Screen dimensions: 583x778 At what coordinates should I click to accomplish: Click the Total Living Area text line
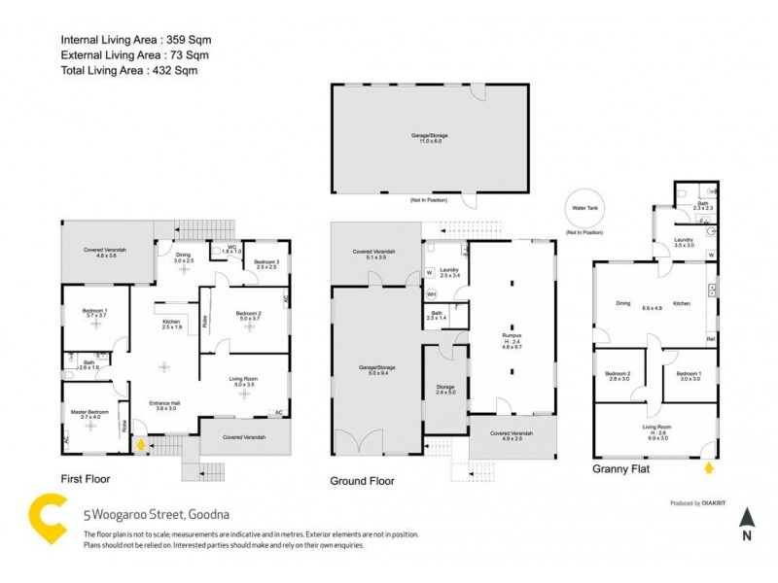click(x=133, y=72)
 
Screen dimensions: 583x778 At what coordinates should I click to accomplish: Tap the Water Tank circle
click(x=583, y=208)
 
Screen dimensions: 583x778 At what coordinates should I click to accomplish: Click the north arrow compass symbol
click(x=746, y=523)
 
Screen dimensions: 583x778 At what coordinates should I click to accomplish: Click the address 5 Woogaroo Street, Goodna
click(x=156, y=515)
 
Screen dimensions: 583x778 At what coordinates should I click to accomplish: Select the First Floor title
click(x=85, y=479)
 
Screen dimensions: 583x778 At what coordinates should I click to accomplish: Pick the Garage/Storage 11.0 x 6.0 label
click(x=429, y=138)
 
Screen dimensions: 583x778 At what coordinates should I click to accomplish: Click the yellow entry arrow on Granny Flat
click(x=707, y=467)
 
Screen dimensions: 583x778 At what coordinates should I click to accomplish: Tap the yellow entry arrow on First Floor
click(x=141, y=446)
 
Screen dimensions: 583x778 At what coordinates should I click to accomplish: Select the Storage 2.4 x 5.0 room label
click(x=444, y=391)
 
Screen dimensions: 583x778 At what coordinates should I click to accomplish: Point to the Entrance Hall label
click(x=162, y=405)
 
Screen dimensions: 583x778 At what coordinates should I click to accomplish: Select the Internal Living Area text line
click(x=135, y=40)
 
